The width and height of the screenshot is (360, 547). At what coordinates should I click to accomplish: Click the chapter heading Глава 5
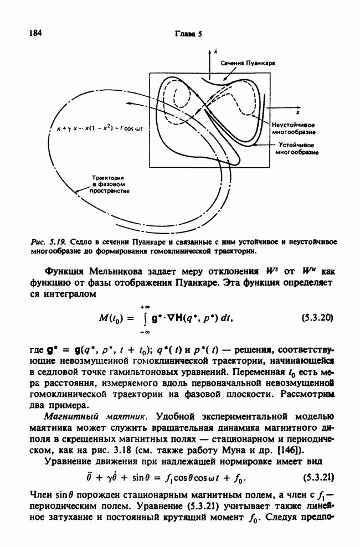point(188,33)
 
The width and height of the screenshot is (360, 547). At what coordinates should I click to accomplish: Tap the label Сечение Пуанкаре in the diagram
point(248,64)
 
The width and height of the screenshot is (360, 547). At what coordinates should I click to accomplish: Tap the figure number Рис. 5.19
point(52,242)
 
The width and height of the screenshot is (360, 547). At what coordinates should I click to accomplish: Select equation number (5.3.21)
point(317,476)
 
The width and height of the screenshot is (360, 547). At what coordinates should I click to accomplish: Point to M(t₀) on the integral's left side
point(115,319)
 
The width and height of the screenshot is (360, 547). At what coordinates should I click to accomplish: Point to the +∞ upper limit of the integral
point(146,306)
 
